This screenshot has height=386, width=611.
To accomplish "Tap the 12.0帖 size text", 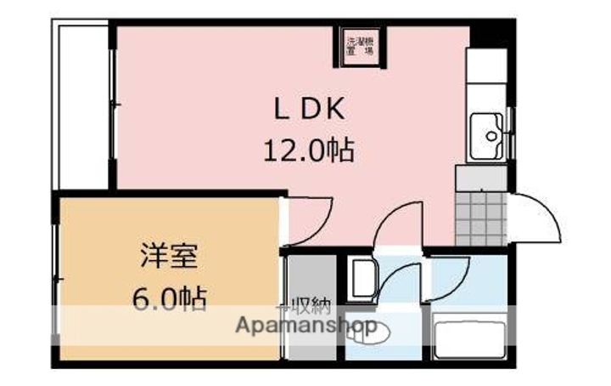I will pyautogui.click(x=306, y=153).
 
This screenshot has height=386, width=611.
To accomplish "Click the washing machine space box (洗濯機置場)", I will pyautogui.click(x=361, y=45).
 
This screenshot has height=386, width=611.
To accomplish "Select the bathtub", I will pyautogui.click(x=469, y=336).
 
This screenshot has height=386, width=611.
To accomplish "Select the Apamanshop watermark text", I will pyautogui.click(x=305, y=325).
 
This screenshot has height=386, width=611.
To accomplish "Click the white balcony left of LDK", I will pyautogui.click(x=82, y=106).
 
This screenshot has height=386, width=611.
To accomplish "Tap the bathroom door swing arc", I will pyautogui.click(x=450, y=276).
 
